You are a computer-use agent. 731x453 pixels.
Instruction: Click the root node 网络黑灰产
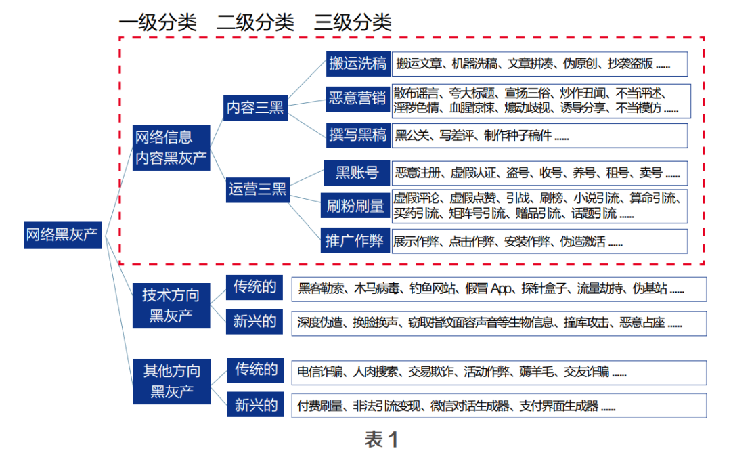62,235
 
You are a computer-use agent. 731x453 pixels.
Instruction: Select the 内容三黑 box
255,108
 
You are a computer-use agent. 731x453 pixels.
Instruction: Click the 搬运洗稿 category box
357,64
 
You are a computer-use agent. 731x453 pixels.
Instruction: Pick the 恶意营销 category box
357,99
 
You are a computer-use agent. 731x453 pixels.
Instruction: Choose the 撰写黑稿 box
357,135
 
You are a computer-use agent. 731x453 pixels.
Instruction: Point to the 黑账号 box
357,173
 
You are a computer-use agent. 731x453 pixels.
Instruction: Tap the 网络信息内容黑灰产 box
171,148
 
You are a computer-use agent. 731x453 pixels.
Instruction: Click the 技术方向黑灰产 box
171,305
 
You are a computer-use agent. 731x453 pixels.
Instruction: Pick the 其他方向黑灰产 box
171,381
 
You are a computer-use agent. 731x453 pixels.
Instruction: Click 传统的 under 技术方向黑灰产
254,287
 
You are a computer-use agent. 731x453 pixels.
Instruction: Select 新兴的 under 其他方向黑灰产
256,406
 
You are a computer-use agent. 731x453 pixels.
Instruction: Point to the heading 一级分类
158,22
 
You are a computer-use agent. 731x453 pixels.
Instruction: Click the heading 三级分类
353,22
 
